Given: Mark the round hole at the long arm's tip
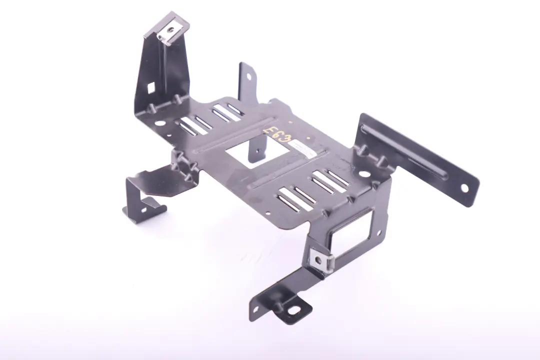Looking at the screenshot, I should pos(464,188).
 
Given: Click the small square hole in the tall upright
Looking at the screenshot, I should pos(150,88).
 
